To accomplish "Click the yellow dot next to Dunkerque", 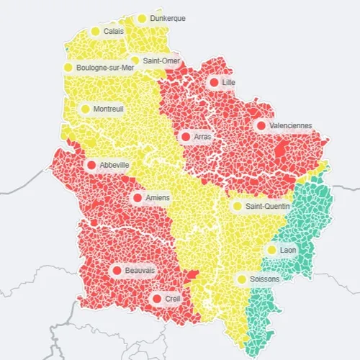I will [x=142, y=19].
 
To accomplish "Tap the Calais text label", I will [x=113, y=32].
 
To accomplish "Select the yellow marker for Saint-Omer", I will [x=135, y=60].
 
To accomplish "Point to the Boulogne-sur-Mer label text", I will [x=105, y=68].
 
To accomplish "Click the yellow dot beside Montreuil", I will [x=85, y=109].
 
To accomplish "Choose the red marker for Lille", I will [x=214, y=83].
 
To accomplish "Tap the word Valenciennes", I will [x=290, y=125].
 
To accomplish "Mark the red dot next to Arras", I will [x=185, y=136].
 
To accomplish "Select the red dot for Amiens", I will [x=138, y=197].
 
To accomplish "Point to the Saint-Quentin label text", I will [x=268, y=207].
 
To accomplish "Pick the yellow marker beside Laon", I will [x=271, y=250].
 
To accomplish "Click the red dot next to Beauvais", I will [x=117, y=271].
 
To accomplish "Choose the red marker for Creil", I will [x=156, y=298].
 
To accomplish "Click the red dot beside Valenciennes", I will [x=260, y=125].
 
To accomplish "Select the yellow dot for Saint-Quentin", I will [x=237, y=207].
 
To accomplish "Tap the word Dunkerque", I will [x=167, y=19].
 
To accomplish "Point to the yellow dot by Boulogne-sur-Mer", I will [x=68, y=68].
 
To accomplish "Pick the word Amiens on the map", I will [x=158, y=197].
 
